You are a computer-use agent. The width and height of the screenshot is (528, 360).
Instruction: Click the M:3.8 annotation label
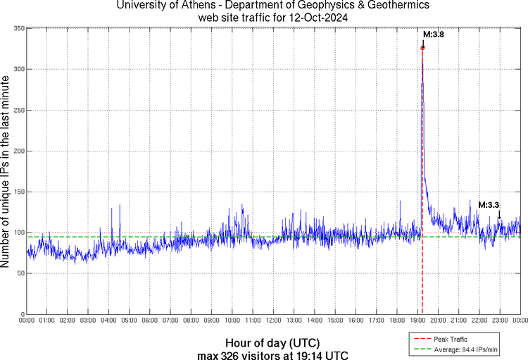pos(433,34)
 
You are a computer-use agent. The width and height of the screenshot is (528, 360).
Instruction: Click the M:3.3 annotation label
pos(489,205)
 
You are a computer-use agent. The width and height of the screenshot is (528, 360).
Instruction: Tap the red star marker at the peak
pos(422,48)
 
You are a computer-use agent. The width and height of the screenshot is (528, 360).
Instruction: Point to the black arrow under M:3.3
pos(500,214)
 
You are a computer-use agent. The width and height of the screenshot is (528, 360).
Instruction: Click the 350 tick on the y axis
pos(18,28)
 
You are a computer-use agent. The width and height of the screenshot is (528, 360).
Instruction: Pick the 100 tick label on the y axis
pos(18,232)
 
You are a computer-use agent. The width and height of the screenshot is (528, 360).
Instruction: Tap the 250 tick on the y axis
pos(18,110)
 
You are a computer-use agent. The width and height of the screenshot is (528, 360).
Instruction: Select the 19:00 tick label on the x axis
pos(417,321)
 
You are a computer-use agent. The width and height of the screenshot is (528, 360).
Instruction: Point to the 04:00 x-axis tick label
pos(108,321)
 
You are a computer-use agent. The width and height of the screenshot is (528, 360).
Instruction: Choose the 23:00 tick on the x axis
pos(500,321)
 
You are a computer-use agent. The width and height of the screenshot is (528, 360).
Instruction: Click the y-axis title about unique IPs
pos(6,170)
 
